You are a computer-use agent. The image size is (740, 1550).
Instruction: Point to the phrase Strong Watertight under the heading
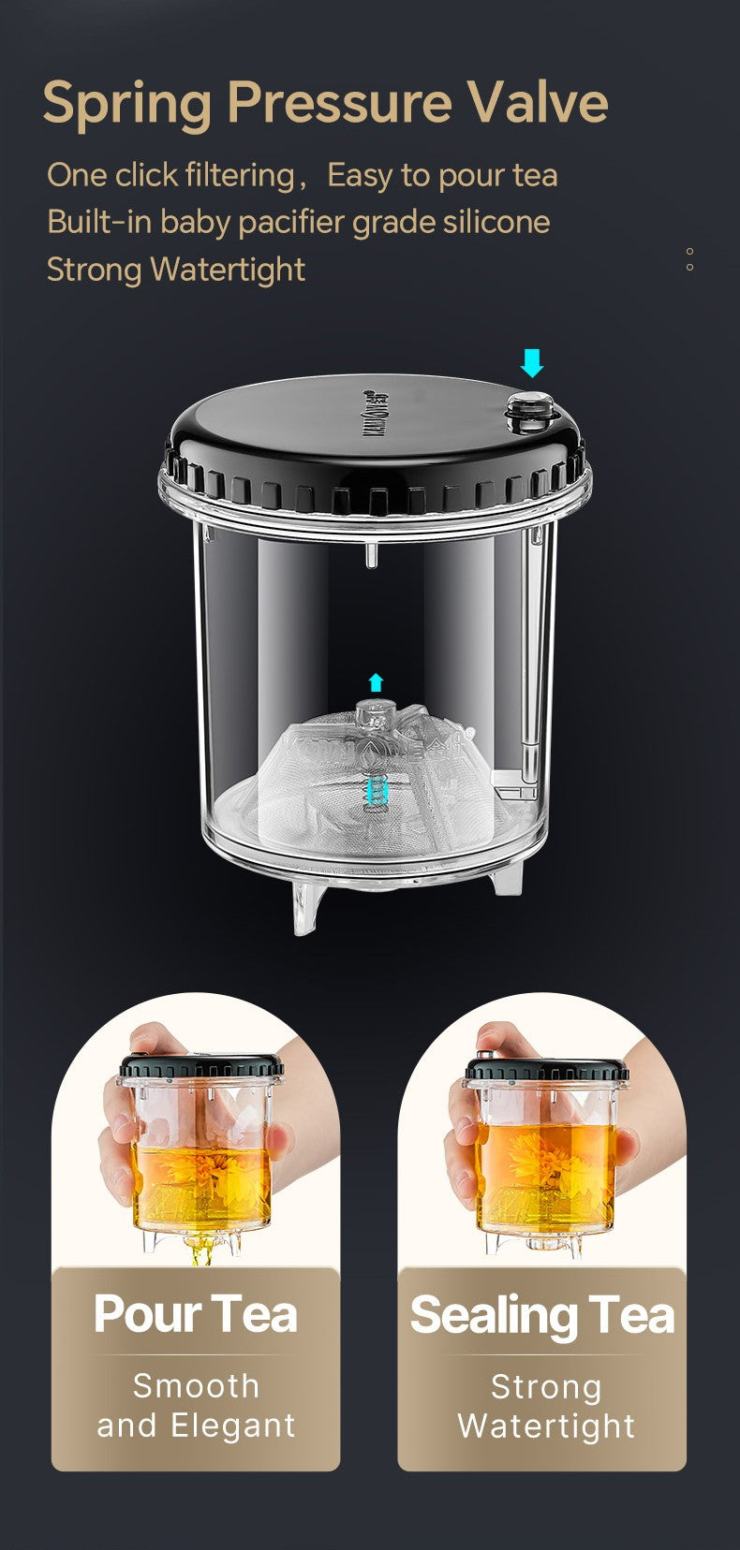[x=176, y=270]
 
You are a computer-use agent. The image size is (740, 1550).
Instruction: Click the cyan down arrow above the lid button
[x=532, y=362]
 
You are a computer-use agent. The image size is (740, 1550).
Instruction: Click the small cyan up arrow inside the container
[x=376, y=681]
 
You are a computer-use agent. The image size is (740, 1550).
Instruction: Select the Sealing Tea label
[x=542, y=1314]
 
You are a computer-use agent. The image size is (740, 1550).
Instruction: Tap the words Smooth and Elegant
[x=196, y=1405]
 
